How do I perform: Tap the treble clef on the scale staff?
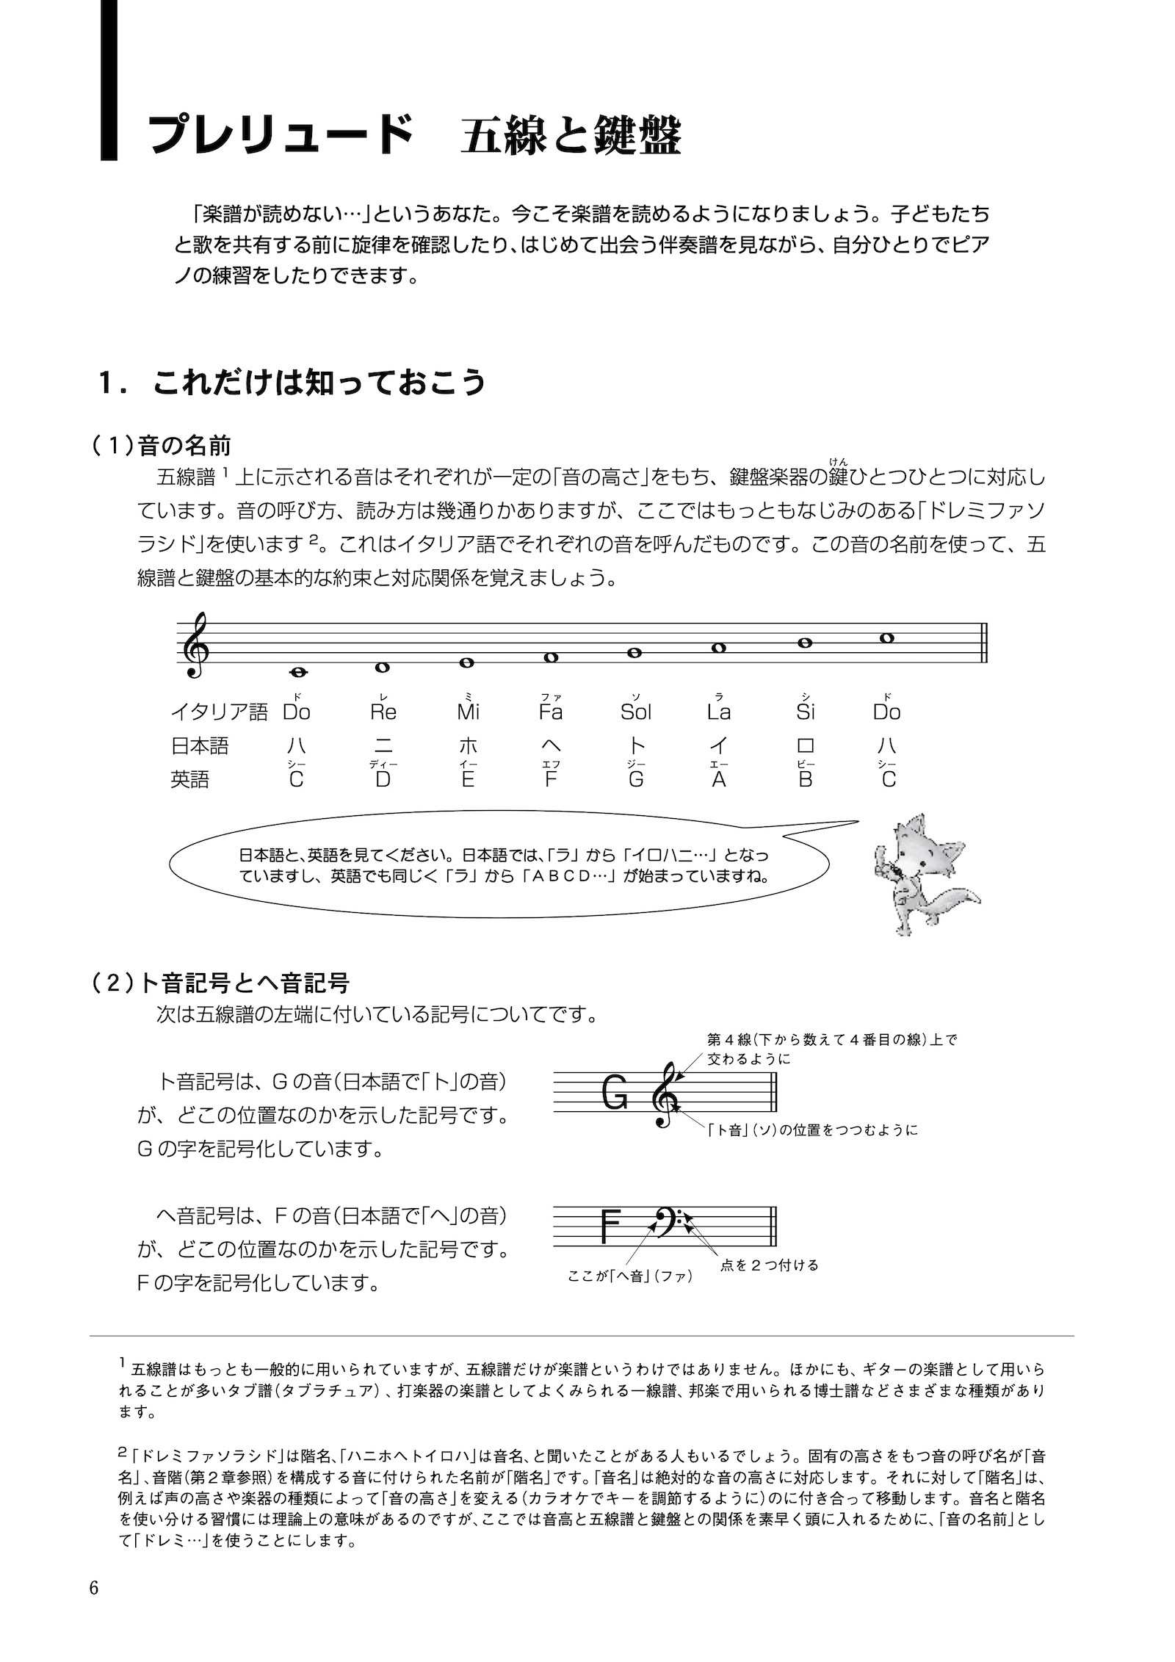click(198, 647)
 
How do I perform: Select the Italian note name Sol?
click(635, 712)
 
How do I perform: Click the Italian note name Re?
click(383, 712)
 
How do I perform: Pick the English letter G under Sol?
click(636, 779)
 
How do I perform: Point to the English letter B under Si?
click(806, 779)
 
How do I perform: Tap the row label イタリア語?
click(219, 712)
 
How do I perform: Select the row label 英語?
click(190, 779)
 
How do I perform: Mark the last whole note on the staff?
click(887, 637)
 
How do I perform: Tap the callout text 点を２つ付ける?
click(769, 1265)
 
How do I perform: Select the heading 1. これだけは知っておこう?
click(294, 383)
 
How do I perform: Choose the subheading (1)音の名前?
click(162, 445)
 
